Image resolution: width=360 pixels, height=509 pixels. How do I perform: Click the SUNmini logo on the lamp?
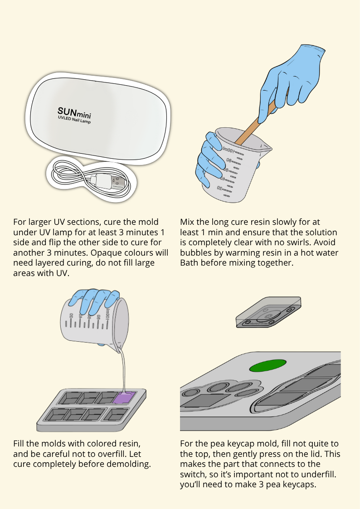pos(74,113)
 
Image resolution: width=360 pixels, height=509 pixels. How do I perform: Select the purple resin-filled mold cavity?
pos(124,398)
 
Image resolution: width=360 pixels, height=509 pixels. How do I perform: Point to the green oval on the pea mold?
pos(268,365)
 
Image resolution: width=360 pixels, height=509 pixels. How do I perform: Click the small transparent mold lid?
pos(268,312)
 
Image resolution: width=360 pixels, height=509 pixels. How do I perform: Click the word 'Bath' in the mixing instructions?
pos(188,262)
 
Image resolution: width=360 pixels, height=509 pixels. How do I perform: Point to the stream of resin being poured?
pos(123,370)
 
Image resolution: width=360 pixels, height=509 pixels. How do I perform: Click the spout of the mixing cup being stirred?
pos(267,148)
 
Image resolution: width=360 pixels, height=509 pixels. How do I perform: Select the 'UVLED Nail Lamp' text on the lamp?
pos(74,120)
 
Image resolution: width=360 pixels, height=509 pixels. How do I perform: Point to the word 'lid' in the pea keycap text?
pos(316,454)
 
